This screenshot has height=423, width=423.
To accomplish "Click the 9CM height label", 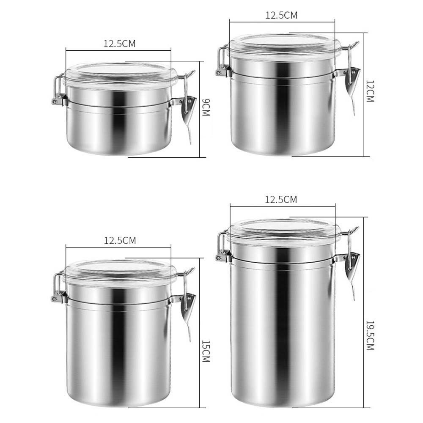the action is (206, 107).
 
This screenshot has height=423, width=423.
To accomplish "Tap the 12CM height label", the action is (370, 91).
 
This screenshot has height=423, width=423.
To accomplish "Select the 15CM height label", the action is (206, 351).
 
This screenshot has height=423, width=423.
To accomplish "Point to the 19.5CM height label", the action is (370, 335).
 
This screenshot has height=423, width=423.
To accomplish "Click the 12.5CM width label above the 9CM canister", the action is (120, 44).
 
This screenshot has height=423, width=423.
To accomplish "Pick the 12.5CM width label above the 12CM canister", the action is (281, 15).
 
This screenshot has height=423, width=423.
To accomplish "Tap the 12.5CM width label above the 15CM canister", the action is (120, 240).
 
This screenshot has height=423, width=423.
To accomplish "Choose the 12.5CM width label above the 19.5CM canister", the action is (281, 199).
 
